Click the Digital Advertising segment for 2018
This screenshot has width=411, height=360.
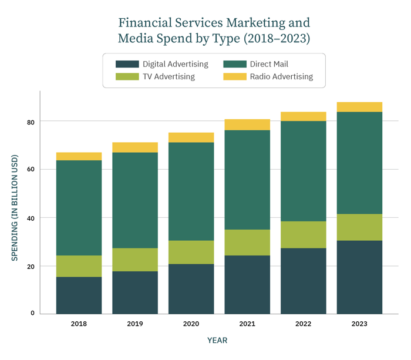click(79, 295)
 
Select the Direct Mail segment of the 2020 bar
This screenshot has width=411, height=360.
click(191, 191)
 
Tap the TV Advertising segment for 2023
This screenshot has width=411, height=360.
click(359, 227)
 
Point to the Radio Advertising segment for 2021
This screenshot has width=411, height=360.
click(247, 125)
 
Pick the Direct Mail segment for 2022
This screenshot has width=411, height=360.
click(303, 171)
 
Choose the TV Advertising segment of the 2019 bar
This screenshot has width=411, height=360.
click(135, 260)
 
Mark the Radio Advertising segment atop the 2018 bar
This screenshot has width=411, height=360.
click(79, 156)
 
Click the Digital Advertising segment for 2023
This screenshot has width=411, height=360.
click(359, 277)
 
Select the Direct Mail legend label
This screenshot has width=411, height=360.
click(269, 64)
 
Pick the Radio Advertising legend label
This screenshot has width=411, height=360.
click(281, 76)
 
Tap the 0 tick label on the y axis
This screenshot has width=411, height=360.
click(32, 314)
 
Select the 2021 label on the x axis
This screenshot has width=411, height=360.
click(247, 324)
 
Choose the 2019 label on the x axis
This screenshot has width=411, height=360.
click(135, 324)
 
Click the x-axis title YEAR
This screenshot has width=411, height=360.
click(217, 341)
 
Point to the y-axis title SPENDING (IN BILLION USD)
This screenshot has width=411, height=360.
click(15, 208)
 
